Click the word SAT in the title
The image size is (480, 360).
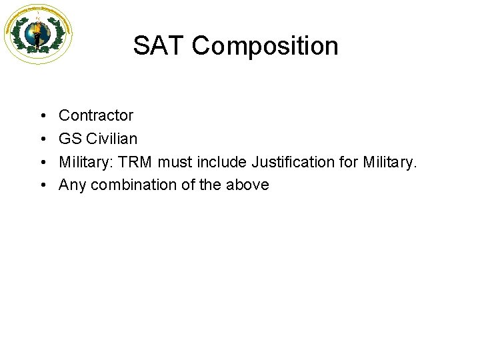158,46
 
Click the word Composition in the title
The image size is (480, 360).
265,47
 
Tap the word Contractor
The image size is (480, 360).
96,115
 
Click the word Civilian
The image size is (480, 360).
112,139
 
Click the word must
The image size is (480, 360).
173,162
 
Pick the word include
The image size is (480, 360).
219,162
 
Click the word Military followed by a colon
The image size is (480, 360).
83,162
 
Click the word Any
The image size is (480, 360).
72,185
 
